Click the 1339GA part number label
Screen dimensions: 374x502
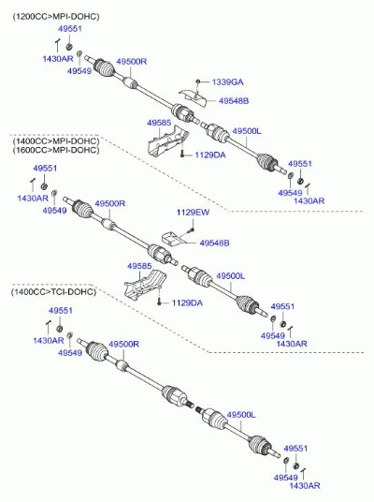pyautogui.click(x=227, y=82)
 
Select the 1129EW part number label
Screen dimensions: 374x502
pyautogui.click(x=193, y=213)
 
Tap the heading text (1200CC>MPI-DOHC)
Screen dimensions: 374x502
pyautogui.click(x=55, y=16)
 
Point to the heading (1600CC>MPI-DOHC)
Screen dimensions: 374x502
pyautogui.click(x=55, y=150)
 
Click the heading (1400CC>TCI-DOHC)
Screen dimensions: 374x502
pyautogui.click(x=53, y=291)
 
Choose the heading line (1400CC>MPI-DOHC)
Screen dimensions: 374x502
pyautogui.click(x=55, y=140)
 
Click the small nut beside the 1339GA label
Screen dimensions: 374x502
pyautogui.click(x=198, y=81)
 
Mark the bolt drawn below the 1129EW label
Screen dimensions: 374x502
pyautogui.click(x=192, y=229)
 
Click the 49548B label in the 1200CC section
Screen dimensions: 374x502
pyautogui.click(x=234, y=101)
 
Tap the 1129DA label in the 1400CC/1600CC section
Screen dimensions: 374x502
pyautogui.click(x=187, y=303)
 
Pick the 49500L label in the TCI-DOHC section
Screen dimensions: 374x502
pyautogui.click(x=241, y=415)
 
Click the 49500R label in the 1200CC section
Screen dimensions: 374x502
pyautogui.click(x=132, y=62)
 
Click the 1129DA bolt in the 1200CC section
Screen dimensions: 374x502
pyautogui.click(x=182, y=155)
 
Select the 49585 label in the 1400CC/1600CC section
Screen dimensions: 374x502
pyautogui.click(x=139, y=266)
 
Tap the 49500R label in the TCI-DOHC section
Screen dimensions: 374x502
pyautogui.click(x=124, y=344)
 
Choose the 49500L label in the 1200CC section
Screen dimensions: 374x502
pyautogui.click(x=247, y=131)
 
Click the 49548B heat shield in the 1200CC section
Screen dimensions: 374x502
pyautogui.click(x=193, y=97)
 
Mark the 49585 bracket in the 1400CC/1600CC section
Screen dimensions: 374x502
pyautogui.click(x=145, y=284)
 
